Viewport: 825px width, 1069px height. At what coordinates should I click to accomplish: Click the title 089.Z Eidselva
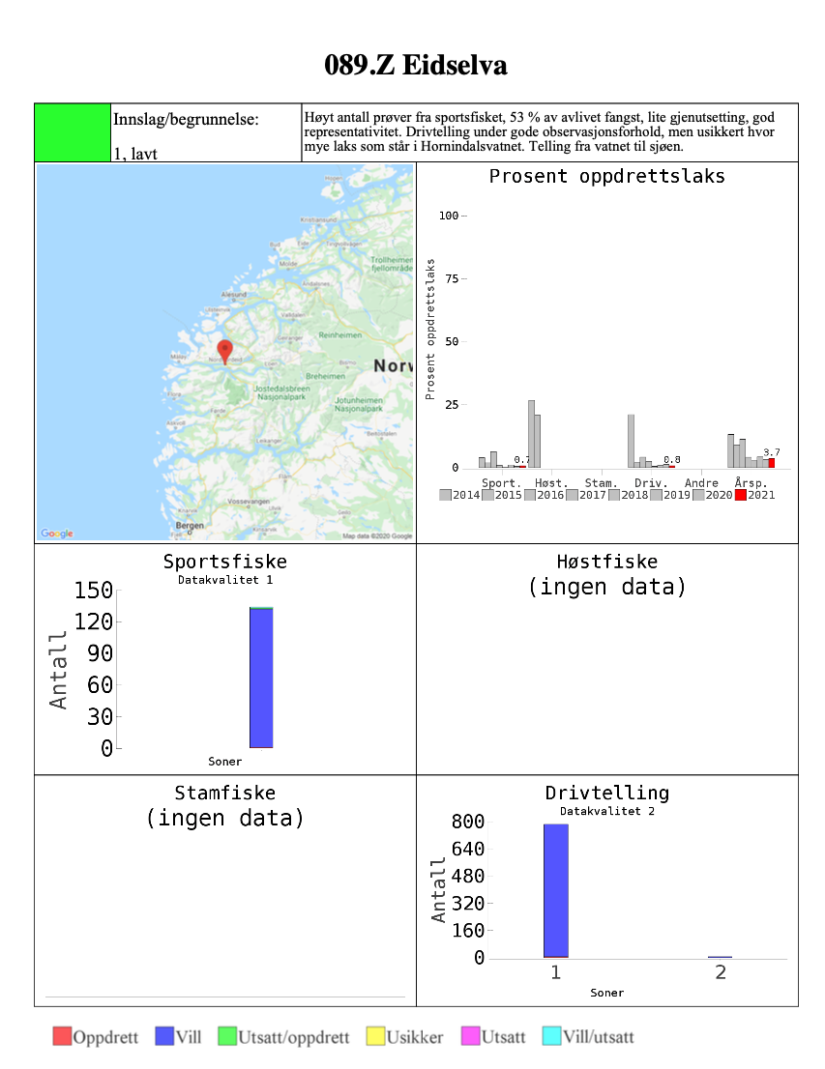tap(416, 66)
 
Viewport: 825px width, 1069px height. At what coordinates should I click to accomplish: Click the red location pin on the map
tap(225, 350)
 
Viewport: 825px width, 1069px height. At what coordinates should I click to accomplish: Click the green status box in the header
tap(73, 132)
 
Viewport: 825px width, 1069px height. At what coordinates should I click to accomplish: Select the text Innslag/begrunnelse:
tap(186, 120)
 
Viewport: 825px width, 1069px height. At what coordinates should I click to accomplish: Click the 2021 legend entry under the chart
tap(754, 495)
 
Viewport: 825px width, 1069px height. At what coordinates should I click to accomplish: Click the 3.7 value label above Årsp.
tap(771, 452)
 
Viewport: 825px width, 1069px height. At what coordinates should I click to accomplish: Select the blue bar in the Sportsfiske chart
tap(261, 678)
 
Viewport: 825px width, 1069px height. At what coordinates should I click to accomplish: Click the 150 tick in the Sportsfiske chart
tap(94, 591)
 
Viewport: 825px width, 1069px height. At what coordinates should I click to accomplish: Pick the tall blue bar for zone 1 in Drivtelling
tap(556, 890)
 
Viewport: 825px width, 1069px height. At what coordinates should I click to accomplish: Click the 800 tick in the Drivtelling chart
tap(467, 823)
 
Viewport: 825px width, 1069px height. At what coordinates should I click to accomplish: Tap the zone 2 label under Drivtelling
tap(721, 972)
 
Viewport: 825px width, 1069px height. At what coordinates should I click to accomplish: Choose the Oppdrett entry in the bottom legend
tap(96, 1037)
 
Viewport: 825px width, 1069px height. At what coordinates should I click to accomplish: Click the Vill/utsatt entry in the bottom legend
tap(588, 1037)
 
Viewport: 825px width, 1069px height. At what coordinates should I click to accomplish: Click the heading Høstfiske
tap(606, 562)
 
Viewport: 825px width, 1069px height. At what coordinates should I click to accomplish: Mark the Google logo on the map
tap(57, 534)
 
